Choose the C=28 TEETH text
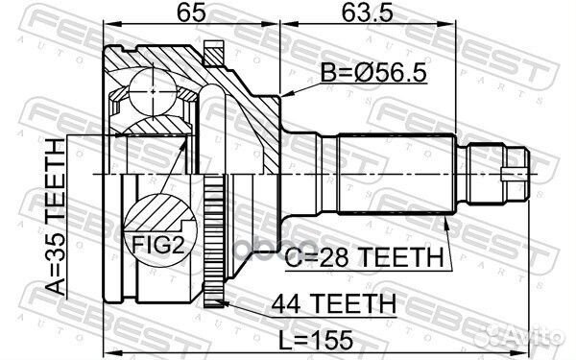(x=366, y=257)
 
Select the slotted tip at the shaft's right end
(x=517, y=174)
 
